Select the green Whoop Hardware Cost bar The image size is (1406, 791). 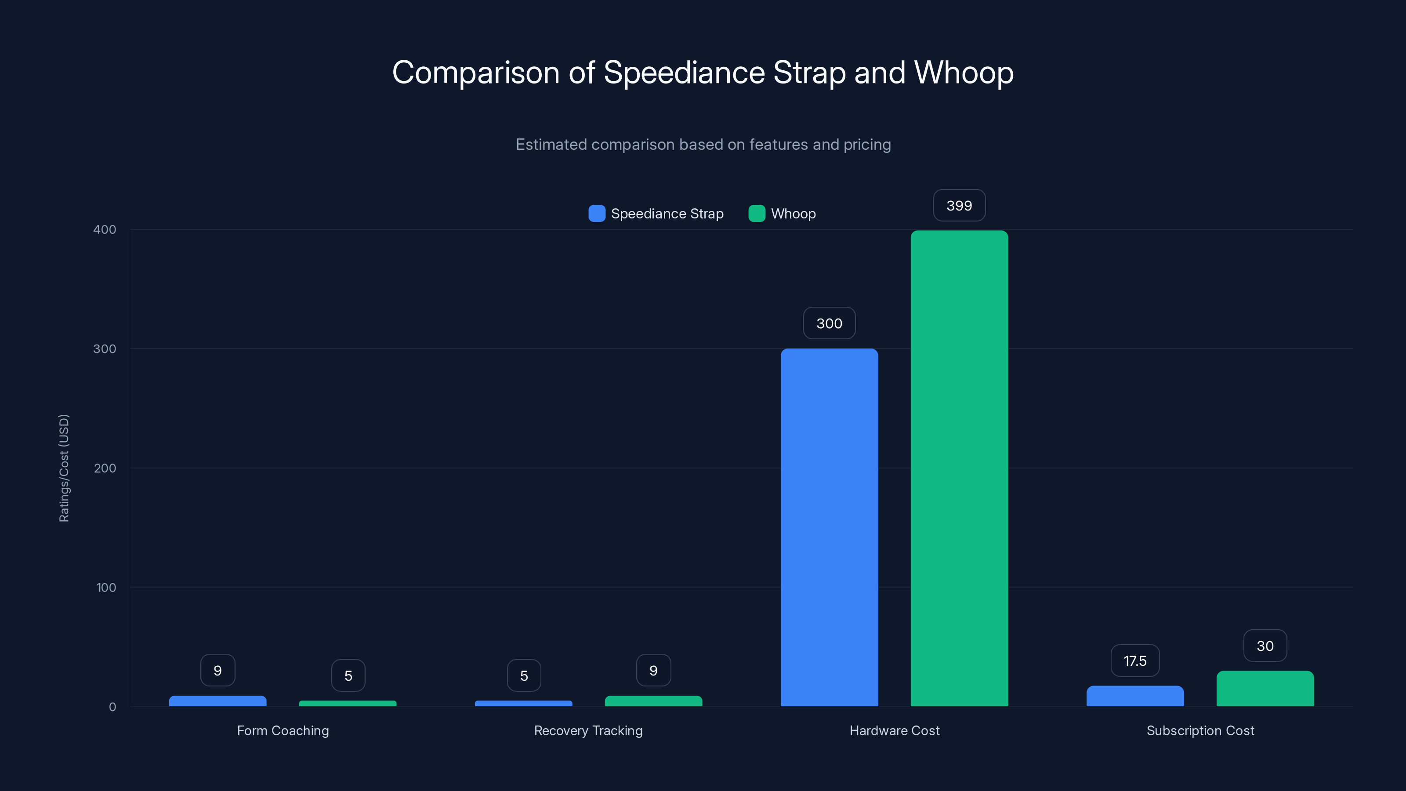959,468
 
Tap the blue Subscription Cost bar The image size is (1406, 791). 1135,696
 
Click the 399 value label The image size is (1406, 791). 959,206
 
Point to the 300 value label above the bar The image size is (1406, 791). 829,324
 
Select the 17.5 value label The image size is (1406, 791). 1135,661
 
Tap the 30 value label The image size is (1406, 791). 1265,646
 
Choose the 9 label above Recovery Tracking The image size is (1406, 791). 653,670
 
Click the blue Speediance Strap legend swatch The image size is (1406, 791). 597,214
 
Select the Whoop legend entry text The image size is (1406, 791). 793,214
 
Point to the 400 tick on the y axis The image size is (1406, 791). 105,229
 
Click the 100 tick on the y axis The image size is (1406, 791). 106,588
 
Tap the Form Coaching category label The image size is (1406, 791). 283,730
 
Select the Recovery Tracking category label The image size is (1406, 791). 588,730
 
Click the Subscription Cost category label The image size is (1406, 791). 1200,730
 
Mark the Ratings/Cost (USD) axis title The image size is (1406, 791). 64,468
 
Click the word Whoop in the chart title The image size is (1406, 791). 964,73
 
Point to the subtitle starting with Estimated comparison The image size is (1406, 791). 703,145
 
